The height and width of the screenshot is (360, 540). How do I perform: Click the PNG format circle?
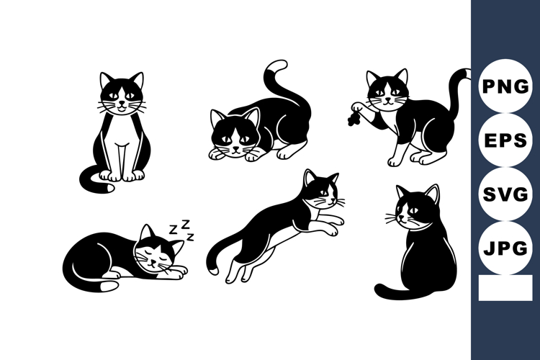[505, 86]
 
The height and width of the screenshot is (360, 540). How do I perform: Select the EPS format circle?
[505, 140]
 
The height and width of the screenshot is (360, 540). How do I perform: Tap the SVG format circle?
[505, 194]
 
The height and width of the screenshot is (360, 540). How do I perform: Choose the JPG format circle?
[505, 249]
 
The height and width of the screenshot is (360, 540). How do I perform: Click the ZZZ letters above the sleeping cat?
[182, 231]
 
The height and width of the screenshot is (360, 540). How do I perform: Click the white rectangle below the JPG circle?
[505, 288]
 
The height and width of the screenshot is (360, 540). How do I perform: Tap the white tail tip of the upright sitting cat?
[108, 188]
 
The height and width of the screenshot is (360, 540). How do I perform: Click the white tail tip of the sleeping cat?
[108, 286]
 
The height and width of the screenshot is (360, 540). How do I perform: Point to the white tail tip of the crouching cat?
[274, 68]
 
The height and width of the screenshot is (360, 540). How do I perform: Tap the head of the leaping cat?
[320, 189]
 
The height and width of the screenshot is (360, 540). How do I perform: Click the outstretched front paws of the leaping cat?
[333, 225]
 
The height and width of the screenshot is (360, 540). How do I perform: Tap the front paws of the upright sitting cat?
[121, 175]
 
